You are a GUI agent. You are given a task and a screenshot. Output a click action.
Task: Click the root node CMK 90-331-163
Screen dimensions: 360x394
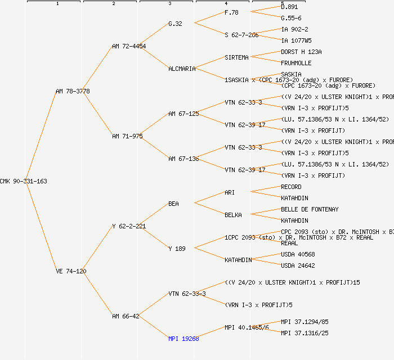[24, 181]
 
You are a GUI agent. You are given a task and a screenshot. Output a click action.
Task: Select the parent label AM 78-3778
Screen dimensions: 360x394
[73, 91]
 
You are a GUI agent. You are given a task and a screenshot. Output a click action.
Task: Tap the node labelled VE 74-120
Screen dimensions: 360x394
[71, 271]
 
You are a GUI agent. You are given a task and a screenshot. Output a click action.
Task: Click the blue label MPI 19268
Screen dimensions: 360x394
[183, 339]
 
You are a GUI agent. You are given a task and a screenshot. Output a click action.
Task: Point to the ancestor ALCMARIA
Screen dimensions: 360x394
[182, 69]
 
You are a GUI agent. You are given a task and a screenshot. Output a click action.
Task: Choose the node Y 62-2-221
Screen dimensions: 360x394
[129, 226]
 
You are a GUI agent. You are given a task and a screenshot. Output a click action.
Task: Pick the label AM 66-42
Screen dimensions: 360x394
[126, 316]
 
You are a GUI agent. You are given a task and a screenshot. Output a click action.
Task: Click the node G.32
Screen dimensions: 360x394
[175, 24]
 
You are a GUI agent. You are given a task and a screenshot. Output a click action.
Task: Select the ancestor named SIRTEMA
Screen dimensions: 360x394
[236, 57]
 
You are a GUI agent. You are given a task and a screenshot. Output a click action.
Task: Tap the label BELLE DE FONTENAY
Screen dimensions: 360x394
[310, 209]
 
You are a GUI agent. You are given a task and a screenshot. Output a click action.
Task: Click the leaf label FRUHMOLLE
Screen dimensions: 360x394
[296, 63]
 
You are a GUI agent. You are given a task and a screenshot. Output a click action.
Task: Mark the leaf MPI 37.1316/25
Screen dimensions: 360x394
[305, 333]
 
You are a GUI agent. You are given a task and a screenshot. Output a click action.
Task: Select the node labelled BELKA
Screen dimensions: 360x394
[233, 215]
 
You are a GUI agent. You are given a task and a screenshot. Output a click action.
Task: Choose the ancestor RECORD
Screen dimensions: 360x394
[291, 187]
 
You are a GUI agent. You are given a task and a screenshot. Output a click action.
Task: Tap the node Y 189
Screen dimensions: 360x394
[177, 249]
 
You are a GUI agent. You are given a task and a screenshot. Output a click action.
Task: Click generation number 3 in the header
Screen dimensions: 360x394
[169, 4]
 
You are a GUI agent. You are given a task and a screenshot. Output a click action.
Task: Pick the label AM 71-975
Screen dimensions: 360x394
[127, 136]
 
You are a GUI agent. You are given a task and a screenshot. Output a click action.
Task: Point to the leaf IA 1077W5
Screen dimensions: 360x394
[296, 40]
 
